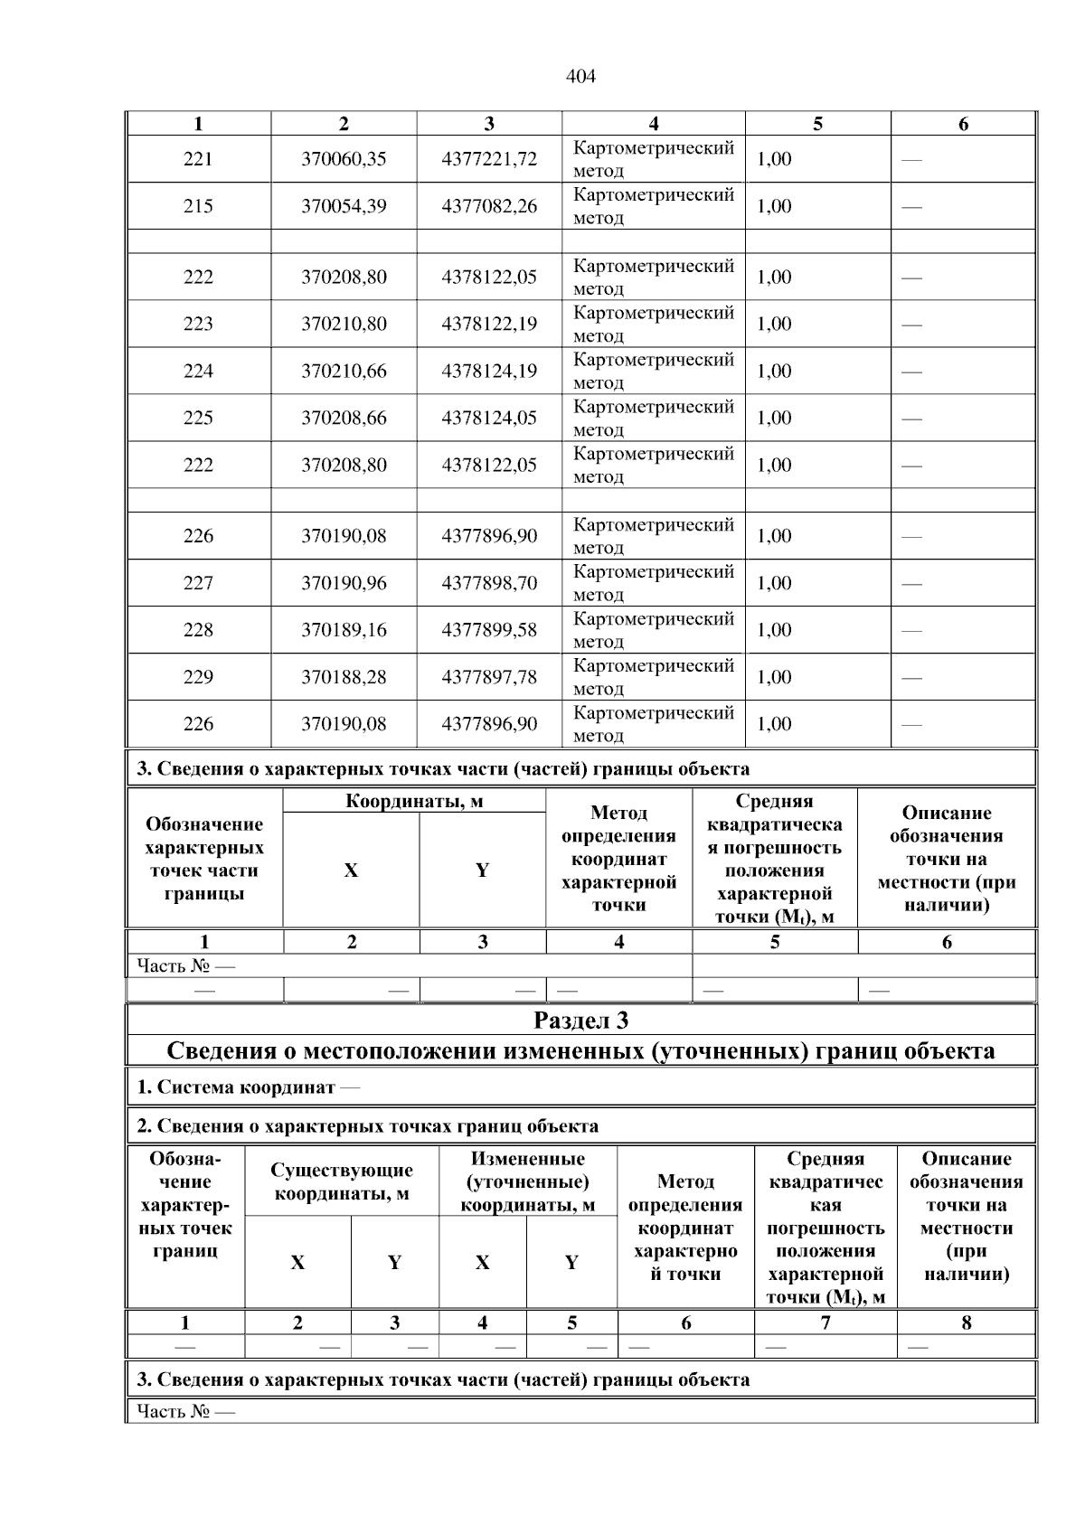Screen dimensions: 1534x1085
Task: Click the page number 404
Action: click(580, 77)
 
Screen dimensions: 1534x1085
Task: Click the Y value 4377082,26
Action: click(489, 206)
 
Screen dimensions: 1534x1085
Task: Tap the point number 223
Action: click(198, 324)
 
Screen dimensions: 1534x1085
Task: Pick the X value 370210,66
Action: click(344, 371)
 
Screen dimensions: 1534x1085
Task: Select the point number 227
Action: click(198, 583)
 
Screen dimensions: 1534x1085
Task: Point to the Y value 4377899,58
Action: click(489, 630)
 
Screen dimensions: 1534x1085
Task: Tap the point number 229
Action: click(198, 677)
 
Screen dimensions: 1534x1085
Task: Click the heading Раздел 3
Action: click(580, 1021)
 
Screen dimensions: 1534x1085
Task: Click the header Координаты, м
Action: click(414, 802)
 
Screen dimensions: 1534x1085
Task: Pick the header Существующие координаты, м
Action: click(342, 1181)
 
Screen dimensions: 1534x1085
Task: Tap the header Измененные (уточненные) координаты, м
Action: click(527, 1181)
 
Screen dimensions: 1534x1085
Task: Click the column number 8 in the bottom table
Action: click(966, 1322)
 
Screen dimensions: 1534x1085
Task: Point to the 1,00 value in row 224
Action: click(774, 371)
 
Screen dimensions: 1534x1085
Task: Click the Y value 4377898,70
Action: click(489, 583)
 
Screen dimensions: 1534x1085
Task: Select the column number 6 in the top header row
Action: click(963, 125)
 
